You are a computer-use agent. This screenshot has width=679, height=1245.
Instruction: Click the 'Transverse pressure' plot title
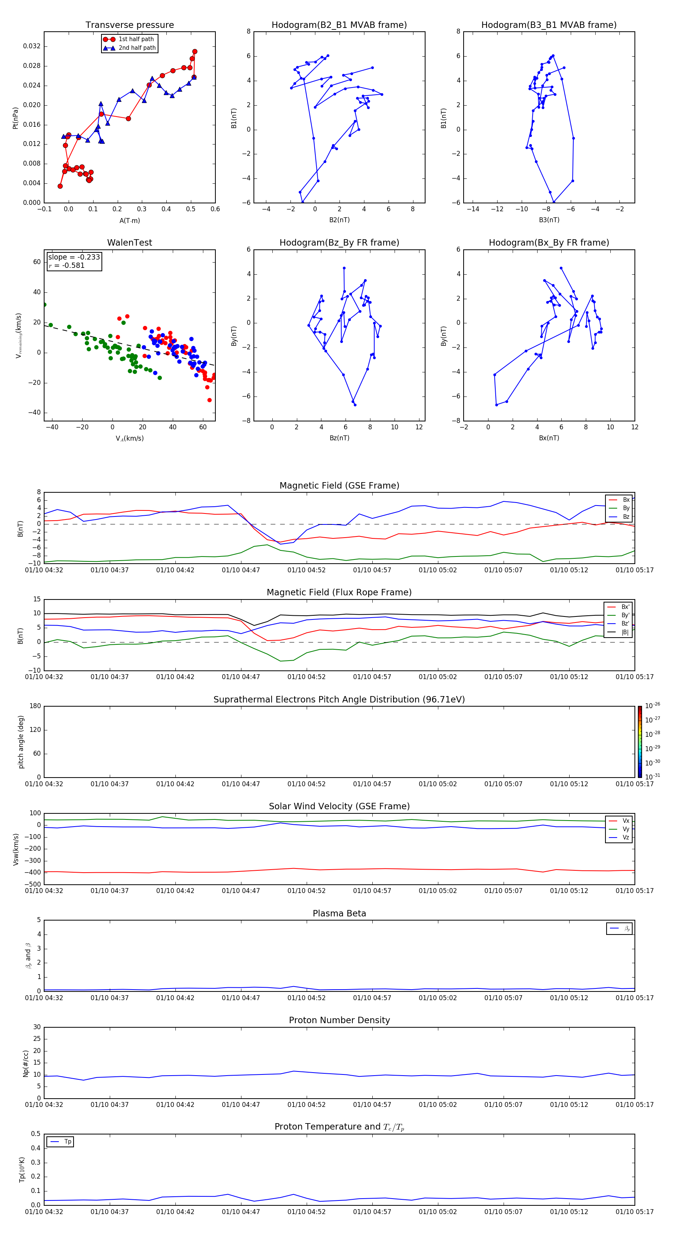[129, 25]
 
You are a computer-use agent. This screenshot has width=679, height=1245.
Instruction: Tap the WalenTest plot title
[129, 243]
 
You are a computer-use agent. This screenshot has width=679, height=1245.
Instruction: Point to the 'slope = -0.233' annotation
[74, 257]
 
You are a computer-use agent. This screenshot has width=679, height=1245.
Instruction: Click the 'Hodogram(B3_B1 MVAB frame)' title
[548, 25]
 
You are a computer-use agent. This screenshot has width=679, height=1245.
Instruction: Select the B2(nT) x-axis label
[339, 220]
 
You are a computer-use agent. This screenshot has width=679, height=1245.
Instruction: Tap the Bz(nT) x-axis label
[339, 438]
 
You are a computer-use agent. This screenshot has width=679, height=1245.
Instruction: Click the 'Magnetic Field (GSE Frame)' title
[339, 486]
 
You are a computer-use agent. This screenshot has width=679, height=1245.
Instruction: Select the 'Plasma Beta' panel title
[339, 913]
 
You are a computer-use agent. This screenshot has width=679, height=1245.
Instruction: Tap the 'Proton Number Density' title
[339, 1020]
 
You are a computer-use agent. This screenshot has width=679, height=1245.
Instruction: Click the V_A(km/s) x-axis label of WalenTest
[129, 438]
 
